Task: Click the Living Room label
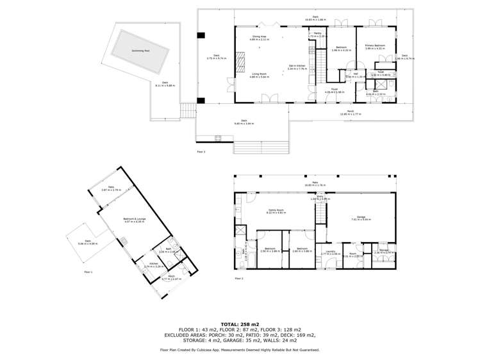[260, 74]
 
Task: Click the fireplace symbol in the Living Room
[240, 63]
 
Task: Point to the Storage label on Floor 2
[383, 250]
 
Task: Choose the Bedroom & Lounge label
[135, 219]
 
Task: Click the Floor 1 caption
[88, 272]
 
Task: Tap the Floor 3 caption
[201, 152]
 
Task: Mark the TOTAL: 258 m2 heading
[240, 324]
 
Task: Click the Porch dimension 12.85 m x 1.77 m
[351, 115]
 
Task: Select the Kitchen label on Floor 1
[153, 263]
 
